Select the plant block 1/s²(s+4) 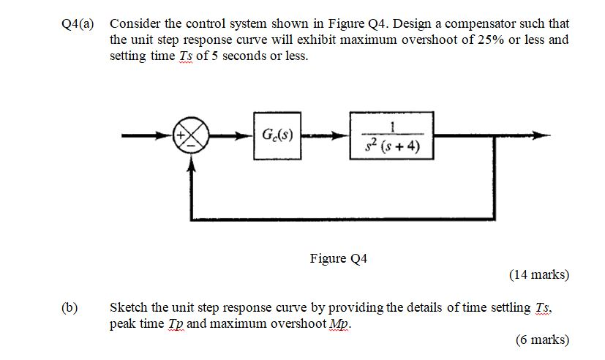(391, 136)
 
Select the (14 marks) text (538, 275)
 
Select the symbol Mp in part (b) (339, 323)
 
